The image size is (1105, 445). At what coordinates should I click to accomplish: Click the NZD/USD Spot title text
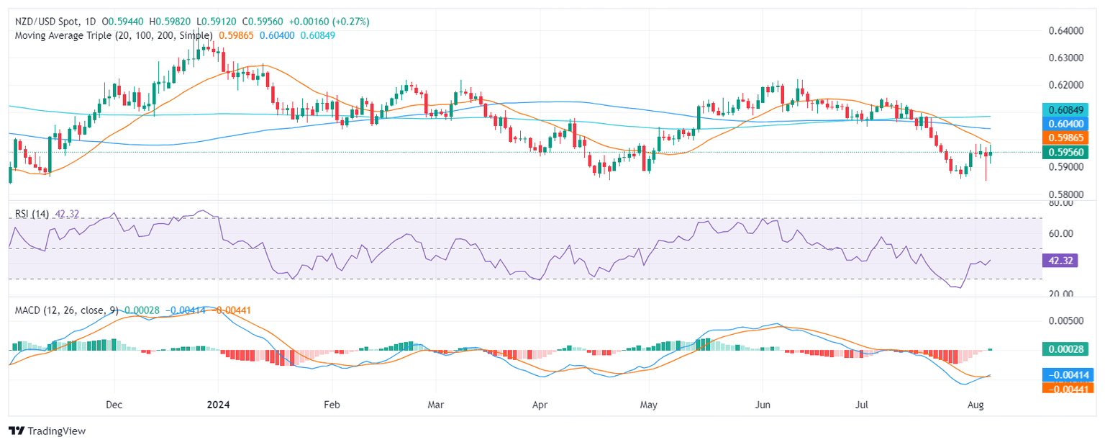pos(49,22)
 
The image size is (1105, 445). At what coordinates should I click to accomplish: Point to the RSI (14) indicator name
pos(32,214)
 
